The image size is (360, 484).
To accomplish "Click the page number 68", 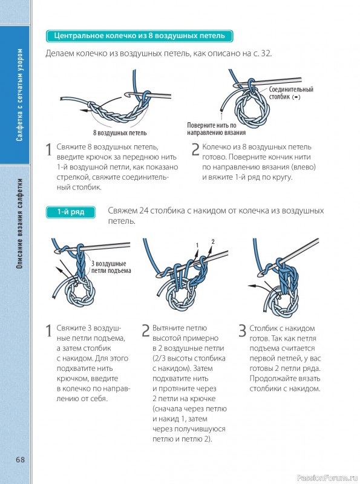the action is point(20,459).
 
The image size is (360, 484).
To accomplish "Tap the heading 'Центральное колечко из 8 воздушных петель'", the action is point(139,36).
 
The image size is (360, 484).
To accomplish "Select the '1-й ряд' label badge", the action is point(70,212).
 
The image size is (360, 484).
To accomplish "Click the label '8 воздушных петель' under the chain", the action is point(120,133).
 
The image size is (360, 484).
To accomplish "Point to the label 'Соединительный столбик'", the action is point(290,93).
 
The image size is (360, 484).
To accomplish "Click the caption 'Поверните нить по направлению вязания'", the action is point(216,129).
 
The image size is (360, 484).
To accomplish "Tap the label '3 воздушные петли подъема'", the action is point(111,267).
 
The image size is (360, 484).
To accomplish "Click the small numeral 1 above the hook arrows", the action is point(197,246).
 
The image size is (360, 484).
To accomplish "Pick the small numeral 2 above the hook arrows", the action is point(213,241).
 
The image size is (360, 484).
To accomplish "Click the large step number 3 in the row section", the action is point(243,330).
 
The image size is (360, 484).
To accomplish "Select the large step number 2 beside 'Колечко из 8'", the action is point(195,149).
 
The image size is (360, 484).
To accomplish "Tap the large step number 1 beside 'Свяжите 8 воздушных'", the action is point(48,149).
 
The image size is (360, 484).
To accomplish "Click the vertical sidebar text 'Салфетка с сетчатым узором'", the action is point(19,95).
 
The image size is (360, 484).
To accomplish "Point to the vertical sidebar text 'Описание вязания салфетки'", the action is point(19,223).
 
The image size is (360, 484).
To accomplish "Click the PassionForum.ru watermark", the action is point(327,478).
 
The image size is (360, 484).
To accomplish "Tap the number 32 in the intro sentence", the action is point(266,53).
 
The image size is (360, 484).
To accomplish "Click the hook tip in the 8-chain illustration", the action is point(126,93).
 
